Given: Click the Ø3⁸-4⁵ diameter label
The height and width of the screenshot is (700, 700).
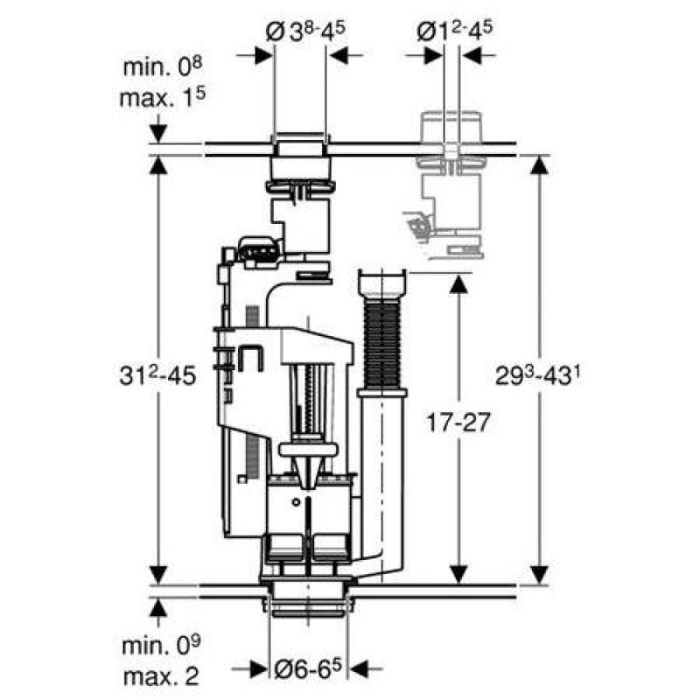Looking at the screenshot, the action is (305, 32).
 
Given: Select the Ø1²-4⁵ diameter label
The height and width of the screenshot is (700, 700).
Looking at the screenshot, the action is (454, 31).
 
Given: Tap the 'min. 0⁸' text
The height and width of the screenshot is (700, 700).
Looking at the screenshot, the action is (163, 66).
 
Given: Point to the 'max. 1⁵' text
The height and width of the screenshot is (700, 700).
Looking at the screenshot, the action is (163, 97).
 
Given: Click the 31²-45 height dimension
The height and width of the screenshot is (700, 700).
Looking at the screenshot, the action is (157, 375).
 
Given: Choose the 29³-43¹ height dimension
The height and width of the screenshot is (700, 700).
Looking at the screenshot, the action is (534, 376).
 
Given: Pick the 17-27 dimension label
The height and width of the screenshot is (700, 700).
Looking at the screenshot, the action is (458, 422).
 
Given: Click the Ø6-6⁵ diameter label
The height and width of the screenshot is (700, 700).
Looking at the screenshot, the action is (308, 668).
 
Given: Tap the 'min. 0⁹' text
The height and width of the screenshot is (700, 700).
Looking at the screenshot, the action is (161, 646).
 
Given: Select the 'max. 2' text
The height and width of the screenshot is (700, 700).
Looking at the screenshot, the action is (161, 676).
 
